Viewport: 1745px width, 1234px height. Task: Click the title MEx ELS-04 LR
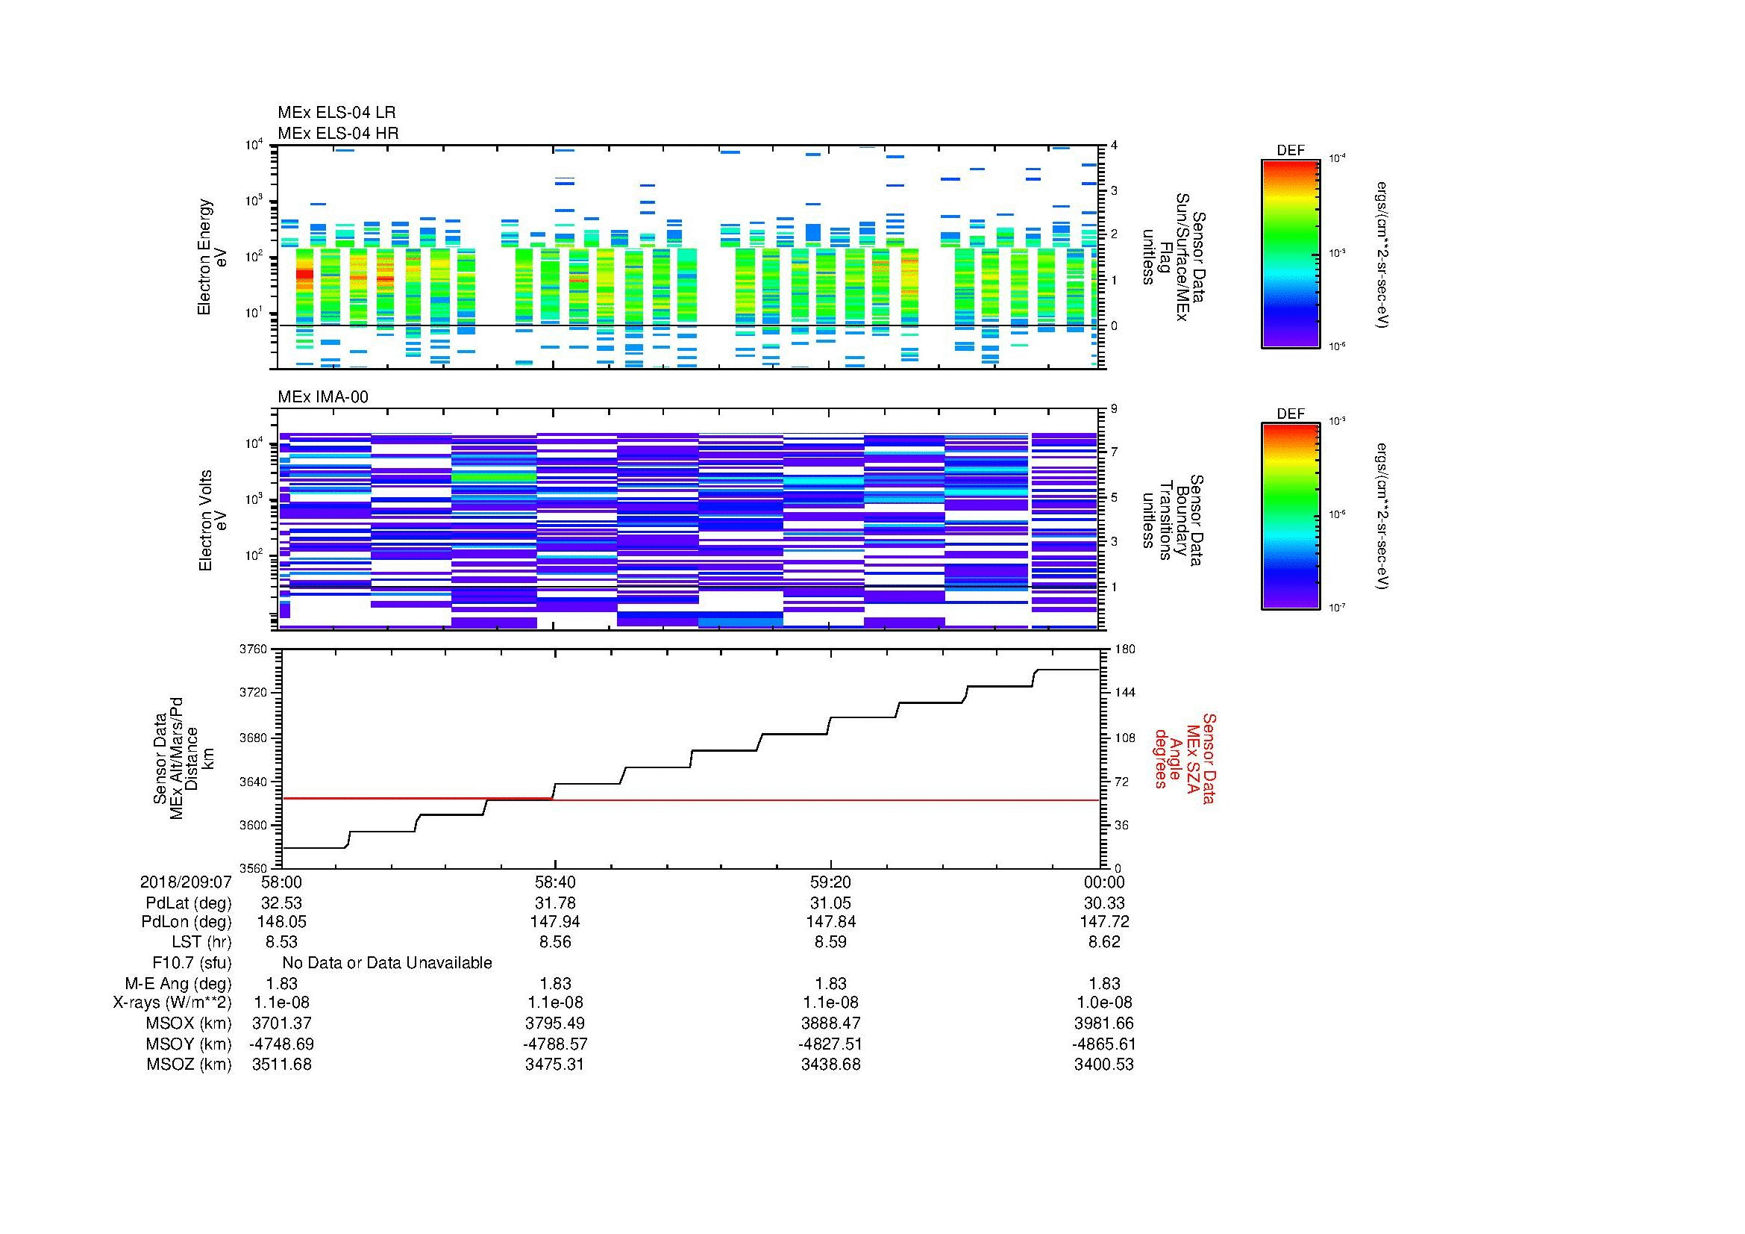(336, 113)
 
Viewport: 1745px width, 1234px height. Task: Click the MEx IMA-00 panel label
(323, 397)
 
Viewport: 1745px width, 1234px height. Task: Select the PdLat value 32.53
(281, 903)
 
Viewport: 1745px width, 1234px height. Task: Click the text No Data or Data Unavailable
(387, 962)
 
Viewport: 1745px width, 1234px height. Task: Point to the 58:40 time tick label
(555, 882)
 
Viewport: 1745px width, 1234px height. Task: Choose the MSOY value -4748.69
(281, 1044)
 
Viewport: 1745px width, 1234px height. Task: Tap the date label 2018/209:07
(186, 882)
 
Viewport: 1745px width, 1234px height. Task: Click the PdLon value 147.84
(830, 922)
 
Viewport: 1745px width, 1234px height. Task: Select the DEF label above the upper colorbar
(1291, 151)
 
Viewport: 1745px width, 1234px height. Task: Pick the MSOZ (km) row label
(189, 1065)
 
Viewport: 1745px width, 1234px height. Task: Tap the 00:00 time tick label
(1103, 882)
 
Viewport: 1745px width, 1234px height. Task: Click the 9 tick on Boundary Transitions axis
(1114, 409)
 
